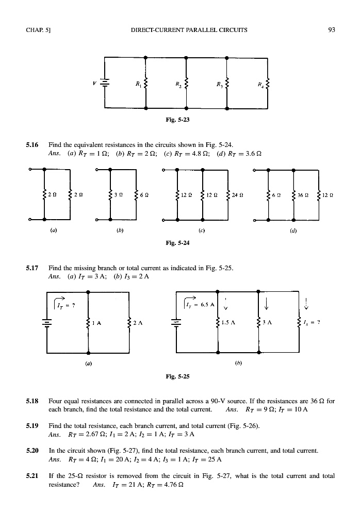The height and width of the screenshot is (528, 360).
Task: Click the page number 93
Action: [332, 30]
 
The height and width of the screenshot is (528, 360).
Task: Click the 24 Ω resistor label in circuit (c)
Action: [238, 195]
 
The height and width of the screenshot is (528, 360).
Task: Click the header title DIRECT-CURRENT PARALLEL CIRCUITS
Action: [189, 30]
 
